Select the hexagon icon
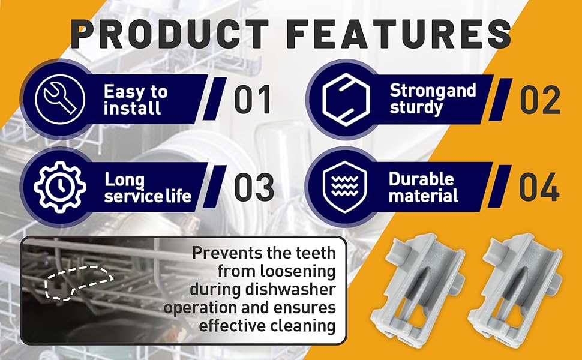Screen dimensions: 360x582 pyautogui.click(x=342, y=99)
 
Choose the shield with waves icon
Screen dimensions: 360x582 pyautogui.click(x=342, y=187)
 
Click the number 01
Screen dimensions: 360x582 pyautogui.click(x=253, y=100)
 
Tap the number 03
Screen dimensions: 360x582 pyautogui.click(x=254, y=188)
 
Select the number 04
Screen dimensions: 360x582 pyautogui.click(x=539, y=188)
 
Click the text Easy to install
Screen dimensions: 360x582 pyautogui.click(x=135, y=100)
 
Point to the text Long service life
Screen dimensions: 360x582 pyautogui.click(x=148, y=188)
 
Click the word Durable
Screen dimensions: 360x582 pyautogui.click(x=421, y=179)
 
